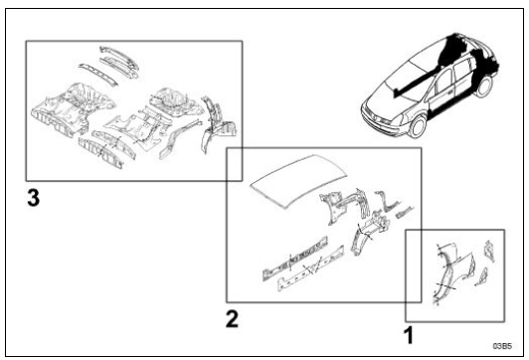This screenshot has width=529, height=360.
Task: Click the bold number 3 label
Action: [x=33, y=198]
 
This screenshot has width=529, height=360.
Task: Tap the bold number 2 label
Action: [x=232, y=319]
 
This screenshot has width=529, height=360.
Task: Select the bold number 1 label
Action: [x=409, y=335]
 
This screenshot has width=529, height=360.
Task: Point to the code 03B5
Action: [x=502, y=346]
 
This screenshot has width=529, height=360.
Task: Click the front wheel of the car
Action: [x=419, y=126]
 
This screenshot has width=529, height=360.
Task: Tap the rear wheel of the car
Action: [x=483, y=87]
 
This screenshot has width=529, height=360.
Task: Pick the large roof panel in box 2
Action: [x=298, y=181]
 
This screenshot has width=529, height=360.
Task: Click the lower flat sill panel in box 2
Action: [x=309, y=270]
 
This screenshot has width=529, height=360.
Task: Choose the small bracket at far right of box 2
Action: [x=404, y=212]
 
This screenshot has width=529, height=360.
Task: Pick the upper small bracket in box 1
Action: [x=489, y=251]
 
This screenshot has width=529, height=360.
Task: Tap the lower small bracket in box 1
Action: [x=481, y=277]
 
